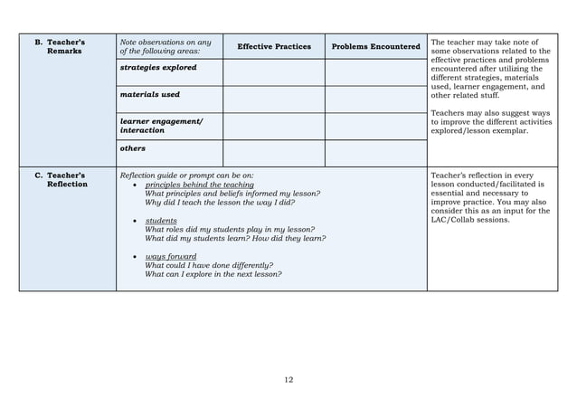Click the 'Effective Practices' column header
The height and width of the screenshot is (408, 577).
pos(273,46)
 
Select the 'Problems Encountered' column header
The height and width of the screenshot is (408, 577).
pos(375,46)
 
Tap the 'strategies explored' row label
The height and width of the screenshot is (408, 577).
pos(158,68)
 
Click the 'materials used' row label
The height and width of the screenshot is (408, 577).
pos(150,94)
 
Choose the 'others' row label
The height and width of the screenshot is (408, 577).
pos(133,147)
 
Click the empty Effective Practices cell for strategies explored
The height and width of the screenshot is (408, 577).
pos(273,72)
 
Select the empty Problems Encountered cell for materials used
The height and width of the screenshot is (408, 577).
pos(375,100)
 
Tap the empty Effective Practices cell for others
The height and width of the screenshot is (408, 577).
pos(273,153)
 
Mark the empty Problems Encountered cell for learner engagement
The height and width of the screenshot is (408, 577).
pos(375,126)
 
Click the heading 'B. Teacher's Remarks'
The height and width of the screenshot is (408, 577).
pos(60,46)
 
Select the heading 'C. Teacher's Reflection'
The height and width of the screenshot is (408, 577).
pos(61,179)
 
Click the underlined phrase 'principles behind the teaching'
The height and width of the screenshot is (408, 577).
pos(199,185)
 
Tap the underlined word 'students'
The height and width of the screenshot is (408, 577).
pos(161,220)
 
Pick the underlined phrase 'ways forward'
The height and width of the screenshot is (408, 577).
pos(170,256)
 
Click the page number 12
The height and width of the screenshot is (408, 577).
pos(288,379)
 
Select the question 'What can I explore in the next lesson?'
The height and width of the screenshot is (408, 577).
pos(213,274)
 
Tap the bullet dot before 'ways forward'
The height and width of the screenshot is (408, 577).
pos(135,257)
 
